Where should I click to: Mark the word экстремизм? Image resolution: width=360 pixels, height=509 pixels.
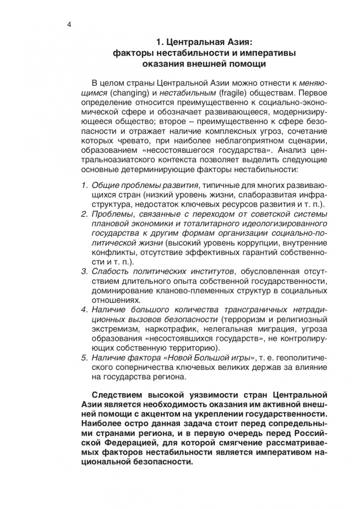tap(112, 327)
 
